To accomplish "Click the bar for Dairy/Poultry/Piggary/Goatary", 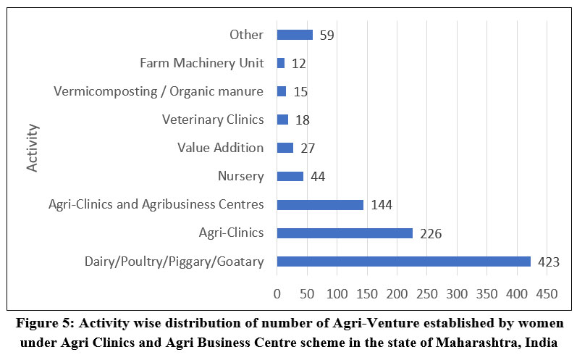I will [403, 261].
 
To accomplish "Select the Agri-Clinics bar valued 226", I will [345, 233].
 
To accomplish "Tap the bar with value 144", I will [320, 204].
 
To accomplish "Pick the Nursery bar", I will [290, 176].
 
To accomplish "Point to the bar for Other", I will [295, 35].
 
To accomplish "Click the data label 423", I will [549, 262].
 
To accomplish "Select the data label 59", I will [327, 35].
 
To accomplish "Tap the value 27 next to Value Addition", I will [308, 148].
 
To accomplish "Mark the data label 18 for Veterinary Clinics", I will [302, 120].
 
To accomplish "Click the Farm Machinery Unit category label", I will [201, 63].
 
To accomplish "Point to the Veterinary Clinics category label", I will [213, 120].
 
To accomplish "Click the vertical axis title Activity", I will [33, 148].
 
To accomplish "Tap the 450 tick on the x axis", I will [547, 294].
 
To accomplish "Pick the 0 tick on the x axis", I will [277, 294].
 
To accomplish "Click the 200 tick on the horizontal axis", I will [397, 294].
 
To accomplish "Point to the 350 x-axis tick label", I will [487, 294].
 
